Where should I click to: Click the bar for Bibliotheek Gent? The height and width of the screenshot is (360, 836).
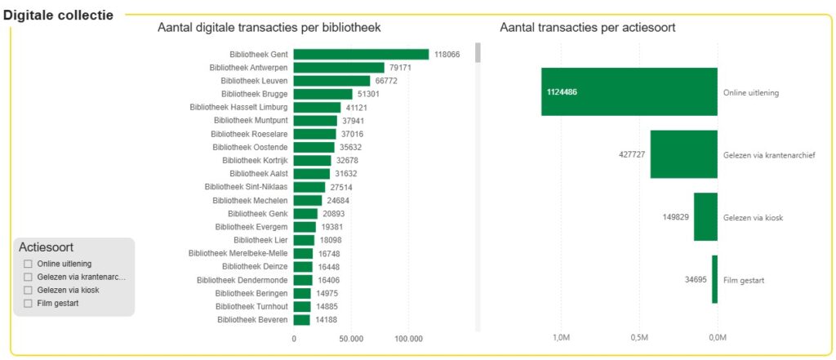361,55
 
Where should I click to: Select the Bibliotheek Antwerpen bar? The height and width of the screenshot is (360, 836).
339,68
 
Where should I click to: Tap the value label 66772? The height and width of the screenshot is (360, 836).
386,81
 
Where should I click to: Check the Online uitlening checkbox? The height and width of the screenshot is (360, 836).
29,264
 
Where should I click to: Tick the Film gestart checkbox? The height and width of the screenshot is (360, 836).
29,304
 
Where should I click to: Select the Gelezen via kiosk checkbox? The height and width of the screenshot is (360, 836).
29,290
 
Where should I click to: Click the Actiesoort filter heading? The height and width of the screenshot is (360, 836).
46,247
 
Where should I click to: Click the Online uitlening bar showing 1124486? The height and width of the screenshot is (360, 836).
629,91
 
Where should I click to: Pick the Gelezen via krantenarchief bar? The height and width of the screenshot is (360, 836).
683,154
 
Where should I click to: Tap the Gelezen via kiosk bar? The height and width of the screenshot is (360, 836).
705,217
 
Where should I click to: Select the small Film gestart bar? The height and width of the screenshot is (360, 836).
714,279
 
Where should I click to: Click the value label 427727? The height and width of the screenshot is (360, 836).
633,154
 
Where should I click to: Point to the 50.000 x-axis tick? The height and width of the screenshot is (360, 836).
351,338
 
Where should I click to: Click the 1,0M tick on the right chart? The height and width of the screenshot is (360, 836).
561,338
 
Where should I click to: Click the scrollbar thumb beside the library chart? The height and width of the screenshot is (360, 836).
478,52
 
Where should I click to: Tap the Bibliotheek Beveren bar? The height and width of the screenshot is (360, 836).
302,320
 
